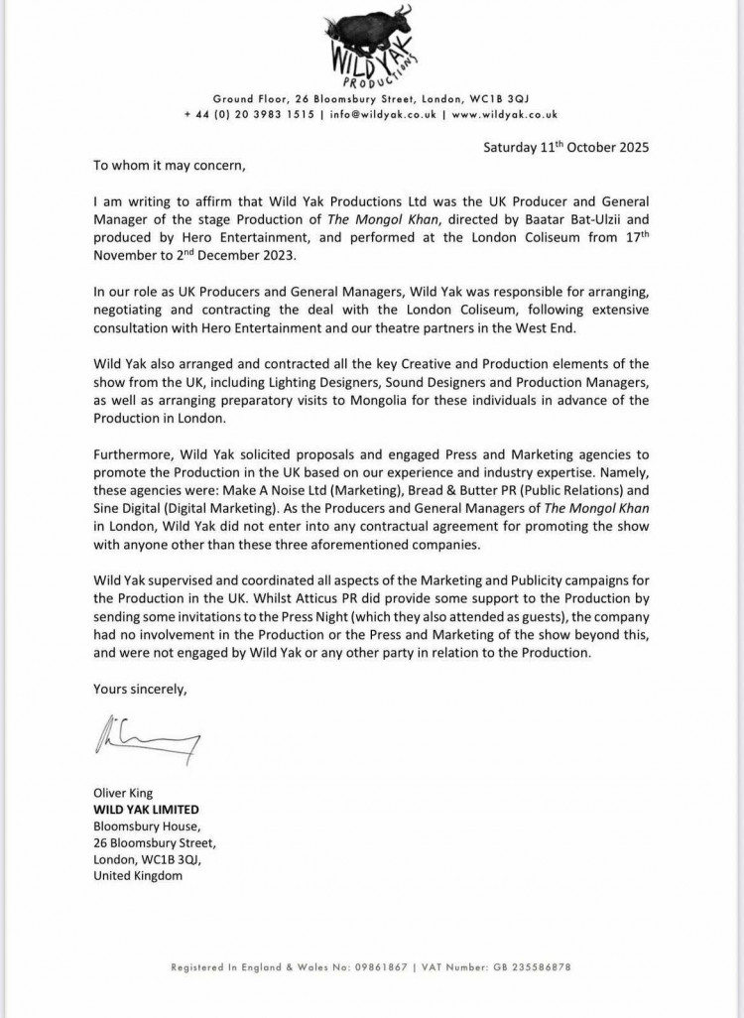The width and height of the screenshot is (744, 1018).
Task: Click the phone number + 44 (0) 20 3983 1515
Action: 248,115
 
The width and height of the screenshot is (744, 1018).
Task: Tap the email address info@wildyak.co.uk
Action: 381,115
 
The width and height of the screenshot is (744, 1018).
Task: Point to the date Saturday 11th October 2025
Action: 565,147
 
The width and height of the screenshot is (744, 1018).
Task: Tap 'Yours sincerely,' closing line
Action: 139,688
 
